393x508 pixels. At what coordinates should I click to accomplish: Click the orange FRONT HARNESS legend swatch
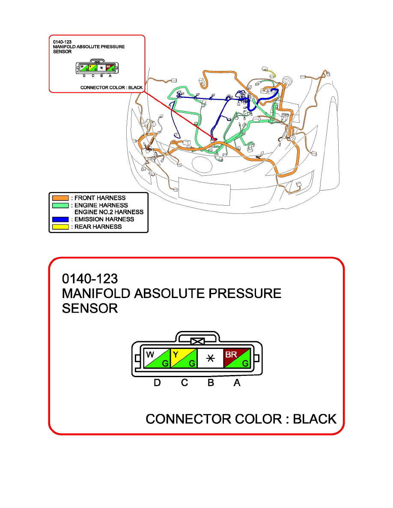click(x=60, y=198)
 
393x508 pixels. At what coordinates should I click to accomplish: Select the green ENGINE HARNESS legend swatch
click(x=60, y=205)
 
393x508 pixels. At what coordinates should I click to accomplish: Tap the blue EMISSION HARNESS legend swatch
click(x=60, y=219)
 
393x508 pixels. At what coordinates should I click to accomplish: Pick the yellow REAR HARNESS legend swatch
click(x=60, y=227)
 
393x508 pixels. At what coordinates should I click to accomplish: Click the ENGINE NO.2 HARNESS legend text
click(x=109, y=212)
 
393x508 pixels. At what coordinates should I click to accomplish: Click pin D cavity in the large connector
click(x=157, y=358)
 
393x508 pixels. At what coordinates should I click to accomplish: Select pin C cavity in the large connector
click(x=184, y=358)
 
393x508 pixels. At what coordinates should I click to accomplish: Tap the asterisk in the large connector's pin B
click(x=210, y=358)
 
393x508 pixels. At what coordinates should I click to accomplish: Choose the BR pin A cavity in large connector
click(x=236, y=358)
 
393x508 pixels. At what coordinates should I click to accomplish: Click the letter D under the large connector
click(x=157, y=383)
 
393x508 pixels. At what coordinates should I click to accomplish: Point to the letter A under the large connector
click(x=237, y=383)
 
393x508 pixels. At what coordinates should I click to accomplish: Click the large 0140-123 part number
click(x=90, y=279)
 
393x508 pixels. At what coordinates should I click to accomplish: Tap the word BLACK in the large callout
click(x=315, y=419)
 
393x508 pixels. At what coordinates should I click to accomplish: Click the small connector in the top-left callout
click(x=97, y=68)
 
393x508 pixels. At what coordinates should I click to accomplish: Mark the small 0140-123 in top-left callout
click(x=62, y=42)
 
